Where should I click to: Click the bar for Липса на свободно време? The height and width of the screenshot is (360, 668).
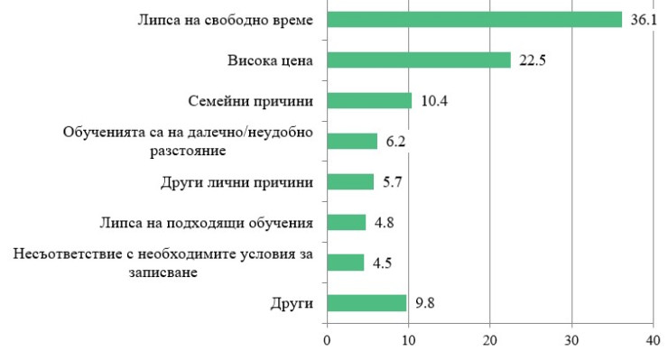click(x=474, y=20)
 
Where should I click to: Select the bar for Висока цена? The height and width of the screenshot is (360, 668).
click(x=418, y=60)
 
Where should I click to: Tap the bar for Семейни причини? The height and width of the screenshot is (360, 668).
click(x=369, y=100)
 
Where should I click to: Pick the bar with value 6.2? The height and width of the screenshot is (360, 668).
click(x=352, y=141)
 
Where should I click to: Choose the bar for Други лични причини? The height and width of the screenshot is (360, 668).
click(x=350, y=181)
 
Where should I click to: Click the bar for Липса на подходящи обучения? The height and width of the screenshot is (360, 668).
click(x=347, y=222)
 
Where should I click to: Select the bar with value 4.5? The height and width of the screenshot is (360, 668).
click(x=345, y=263)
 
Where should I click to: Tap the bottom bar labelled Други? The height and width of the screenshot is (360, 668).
click(x=366, y=303)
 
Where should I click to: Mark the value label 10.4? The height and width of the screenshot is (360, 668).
click(x=432, y=101)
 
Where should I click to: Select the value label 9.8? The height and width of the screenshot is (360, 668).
click(x=427, y=303)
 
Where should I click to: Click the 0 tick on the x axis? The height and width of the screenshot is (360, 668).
click(x=327, y=341)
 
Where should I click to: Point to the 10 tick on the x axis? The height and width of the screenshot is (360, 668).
click(x=408, y=341)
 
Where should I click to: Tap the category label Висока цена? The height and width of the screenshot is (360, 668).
click(x=270, y=60)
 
